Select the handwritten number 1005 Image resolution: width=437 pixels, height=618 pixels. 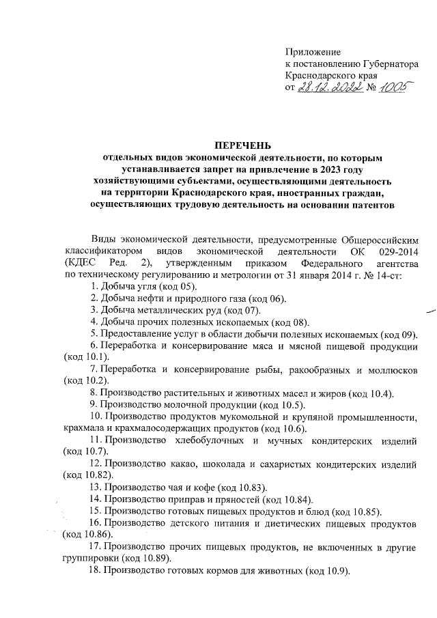[394, 88]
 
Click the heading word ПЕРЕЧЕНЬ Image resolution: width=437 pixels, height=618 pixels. [243, 145]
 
